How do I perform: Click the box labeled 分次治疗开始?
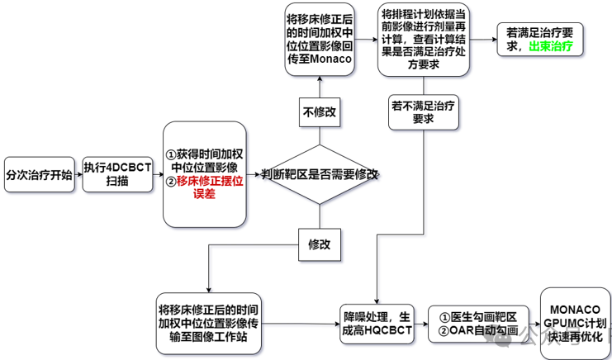coord(40,175)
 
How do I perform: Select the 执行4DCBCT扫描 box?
coord(117,175)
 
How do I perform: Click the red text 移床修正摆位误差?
coord(208,187)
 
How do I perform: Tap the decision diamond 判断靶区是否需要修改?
coord(320,174)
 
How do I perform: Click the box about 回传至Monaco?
coord(320,40)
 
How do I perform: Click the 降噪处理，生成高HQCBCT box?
coord(377,322)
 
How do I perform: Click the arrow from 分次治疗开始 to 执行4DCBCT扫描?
coord(78,175)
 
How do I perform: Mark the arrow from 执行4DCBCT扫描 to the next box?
coord(158,175)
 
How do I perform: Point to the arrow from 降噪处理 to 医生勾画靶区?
coord(420,322)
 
